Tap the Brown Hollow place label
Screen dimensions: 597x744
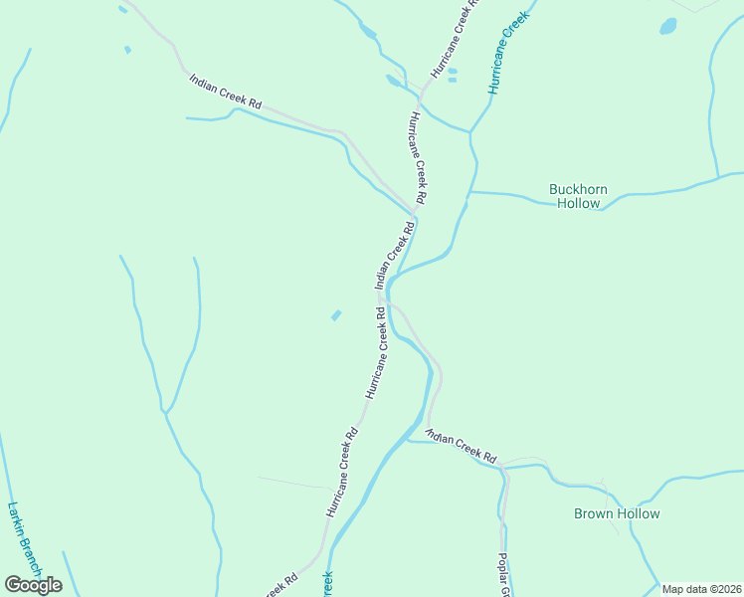coord(617,513)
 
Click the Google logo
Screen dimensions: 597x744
coord(33,585)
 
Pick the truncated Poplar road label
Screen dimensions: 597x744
coord(504,574)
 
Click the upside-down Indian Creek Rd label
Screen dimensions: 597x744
coord(461,446)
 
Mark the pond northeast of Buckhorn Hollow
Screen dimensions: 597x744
coord(667,26)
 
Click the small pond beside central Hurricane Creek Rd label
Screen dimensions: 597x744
coord(336,315)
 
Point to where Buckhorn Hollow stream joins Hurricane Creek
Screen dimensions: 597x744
coord(469,191)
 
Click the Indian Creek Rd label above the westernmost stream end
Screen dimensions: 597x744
coord(226,91)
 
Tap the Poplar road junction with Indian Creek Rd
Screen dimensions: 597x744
coord(504,466)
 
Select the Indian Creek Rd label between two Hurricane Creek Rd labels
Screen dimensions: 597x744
coord(395,256)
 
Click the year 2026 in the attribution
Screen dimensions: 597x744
coord(727,589)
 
